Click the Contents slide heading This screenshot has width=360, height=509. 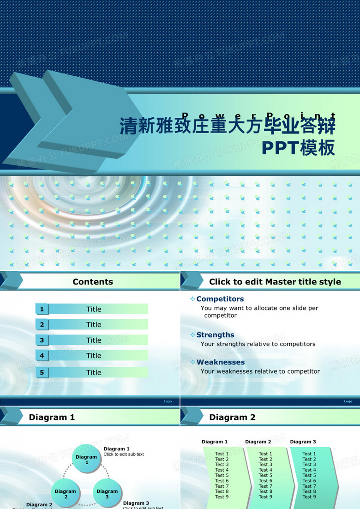93,282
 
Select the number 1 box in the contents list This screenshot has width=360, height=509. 42,309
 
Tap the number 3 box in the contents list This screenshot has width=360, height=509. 42,340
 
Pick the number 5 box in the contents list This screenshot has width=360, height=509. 42,372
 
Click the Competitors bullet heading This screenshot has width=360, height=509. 220,299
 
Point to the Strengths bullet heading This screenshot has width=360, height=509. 215,335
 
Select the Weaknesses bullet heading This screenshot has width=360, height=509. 220,362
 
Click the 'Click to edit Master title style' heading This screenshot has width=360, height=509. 275,282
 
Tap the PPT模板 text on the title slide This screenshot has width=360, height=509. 298,148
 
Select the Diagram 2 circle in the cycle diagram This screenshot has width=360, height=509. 66,494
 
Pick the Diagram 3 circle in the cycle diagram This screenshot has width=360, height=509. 107,494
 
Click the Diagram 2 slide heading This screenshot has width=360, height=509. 232,418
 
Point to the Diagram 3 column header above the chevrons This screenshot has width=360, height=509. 303,442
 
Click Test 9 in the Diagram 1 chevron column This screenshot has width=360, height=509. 222,497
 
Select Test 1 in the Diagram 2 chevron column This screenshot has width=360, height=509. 265,454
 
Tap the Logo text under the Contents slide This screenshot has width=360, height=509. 168,401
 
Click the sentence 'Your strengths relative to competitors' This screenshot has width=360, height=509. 258,344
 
